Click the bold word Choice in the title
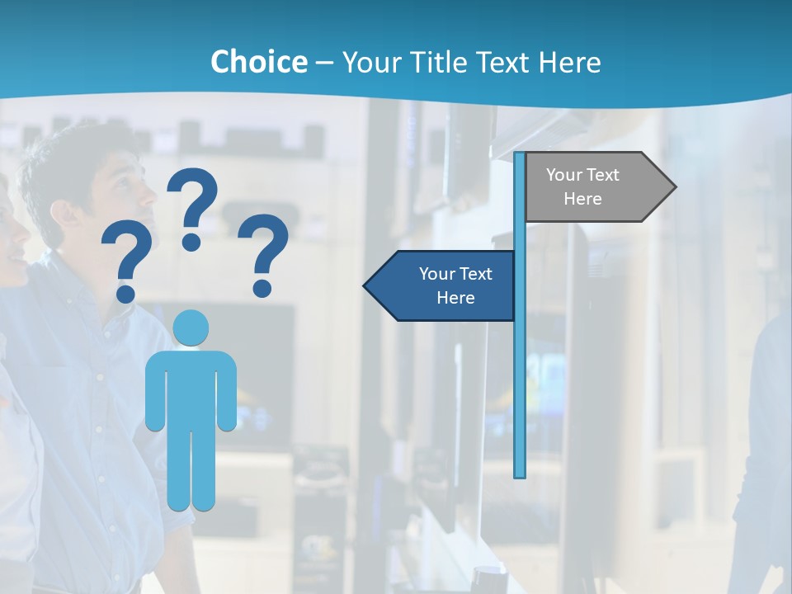click(258, 62)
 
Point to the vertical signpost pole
click(520, 371)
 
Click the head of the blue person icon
click(191, 328)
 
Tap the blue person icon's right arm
click(226, 392)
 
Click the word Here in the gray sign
click(582, 199)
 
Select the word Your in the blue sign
click(437, 274)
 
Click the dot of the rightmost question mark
click(262, 288)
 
